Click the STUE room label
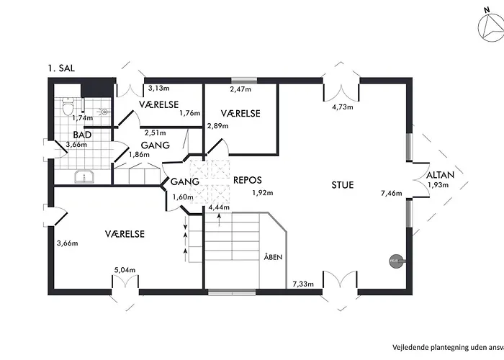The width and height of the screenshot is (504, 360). (343, 185)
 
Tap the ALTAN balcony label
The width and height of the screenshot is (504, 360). (440, 175)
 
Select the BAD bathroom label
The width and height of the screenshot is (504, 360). (82, 135)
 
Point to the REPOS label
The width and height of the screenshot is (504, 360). (248, 180)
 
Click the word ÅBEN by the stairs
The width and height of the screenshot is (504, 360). (273, 257)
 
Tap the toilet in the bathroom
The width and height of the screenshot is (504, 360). (68, 106)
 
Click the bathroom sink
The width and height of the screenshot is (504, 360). (84, 176)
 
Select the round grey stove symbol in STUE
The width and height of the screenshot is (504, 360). (396, 261)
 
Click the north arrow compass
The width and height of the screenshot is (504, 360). (491, 28)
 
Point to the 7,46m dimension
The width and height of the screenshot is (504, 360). (391, 193)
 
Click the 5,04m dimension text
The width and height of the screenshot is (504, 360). (125, 270)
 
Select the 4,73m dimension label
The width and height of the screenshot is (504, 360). (342, 107)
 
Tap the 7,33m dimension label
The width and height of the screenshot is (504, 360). (303, 284)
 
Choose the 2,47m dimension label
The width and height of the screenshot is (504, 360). (240, 89)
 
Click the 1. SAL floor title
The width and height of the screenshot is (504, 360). (61, 68)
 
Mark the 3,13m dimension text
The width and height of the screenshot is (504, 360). (159, 88)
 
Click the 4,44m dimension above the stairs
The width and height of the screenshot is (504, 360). (219, 207)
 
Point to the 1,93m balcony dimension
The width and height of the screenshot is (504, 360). (438, 185)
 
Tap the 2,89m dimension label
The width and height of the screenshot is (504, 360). (217, 126)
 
